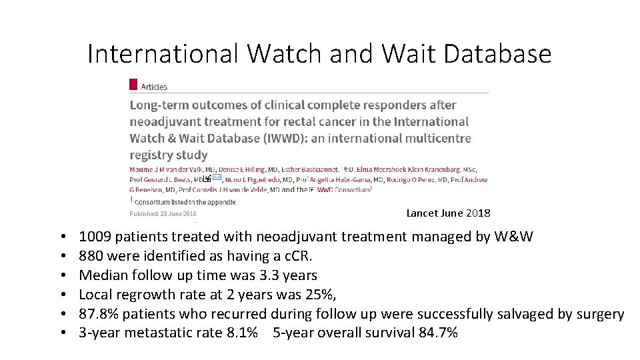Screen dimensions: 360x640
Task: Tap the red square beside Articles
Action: [133, 85]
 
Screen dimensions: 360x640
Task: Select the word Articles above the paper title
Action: [154, 87]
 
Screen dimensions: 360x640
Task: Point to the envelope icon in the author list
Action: [217, 179]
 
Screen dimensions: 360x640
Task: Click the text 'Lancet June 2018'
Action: [448, 213]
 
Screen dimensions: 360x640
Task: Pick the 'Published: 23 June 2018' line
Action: [163, 213]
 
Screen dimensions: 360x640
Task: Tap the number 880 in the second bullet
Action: [90, 255]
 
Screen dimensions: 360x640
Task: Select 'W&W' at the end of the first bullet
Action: [514, 236]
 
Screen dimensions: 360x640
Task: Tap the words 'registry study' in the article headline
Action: [169, 155]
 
